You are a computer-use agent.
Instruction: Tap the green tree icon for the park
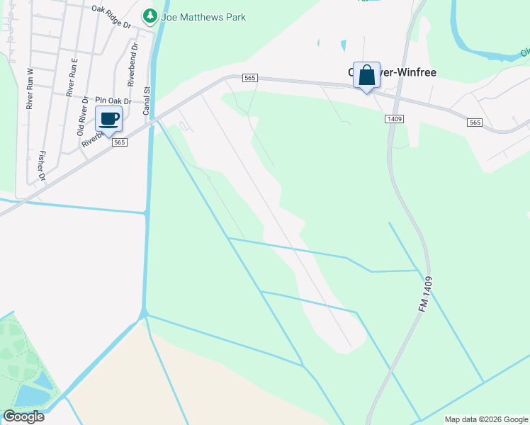150,16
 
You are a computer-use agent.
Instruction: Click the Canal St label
147,101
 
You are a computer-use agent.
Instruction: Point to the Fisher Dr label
41,165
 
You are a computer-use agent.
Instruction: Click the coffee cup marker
108,118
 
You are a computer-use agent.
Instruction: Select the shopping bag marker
366,75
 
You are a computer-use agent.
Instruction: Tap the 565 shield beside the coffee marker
119,142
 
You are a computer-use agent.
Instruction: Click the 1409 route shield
395,119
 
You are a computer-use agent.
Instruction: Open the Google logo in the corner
23,416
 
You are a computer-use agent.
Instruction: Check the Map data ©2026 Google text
486,419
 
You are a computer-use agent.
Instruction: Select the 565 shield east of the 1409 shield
475,123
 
